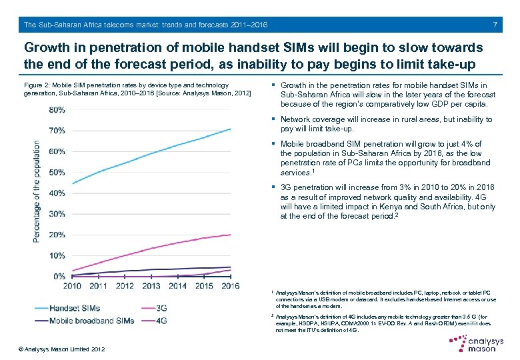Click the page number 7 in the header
click(x=494, y=25)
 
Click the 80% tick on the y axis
click(x=57, y=110)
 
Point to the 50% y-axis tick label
click(x=57, y=172)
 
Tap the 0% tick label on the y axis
click(x=59, y=276)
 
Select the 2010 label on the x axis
click(x=73, y=286)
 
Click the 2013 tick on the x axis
click(x=151, y=286)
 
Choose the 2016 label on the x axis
click(x=230, y=286)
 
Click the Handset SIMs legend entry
click(x=75, y=308)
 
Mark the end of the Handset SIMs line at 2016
click(x=231, y=129)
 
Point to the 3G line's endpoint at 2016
click(x=231, y=235)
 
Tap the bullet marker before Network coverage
click(x=274, y=119)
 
